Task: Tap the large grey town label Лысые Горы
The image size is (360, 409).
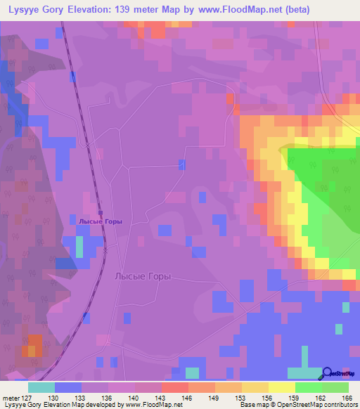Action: (x=143, y=277)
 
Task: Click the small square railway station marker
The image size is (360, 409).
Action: (x=101, y=212)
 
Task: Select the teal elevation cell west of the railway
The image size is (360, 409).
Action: (x=79, y=247)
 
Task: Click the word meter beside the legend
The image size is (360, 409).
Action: (x=11, y=398)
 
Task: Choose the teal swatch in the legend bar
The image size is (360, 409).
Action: (x=41, y=387)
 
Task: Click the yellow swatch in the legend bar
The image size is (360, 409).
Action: (x=281, y=387)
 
